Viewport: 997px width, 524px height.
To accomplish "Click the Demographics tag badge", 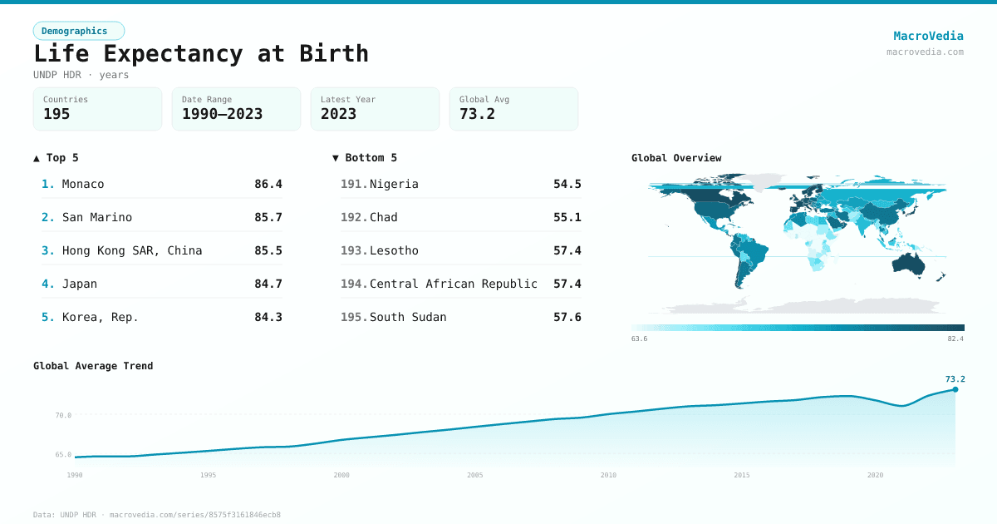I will (x=78, y=31).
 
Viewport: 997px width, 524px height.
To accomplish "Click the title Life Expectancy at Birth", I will (x=200, y=53).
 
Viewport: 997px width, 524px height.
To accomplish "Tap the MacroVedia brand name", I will (x=928, y=36).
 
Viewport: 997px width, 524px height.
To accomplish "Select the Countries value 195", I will (x=56, y=114).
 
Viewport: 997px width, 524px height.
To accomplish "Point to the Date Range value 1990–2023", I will (x=222, y=114).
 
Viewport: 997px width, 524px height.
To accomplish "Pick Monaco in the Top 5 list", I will (x=83, y=184).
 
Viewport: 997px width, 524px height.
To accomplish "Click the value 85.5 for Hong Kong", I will (x=268, y=250).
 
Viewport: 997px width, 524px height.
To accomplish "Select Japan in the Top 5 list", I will (x=80, y=284).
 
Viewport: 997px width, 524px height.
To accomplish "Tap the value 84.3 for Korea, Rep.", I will (x=268, y=317).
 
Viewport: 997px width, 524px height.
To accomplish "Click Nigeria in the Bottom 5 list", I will (x=394, y=184).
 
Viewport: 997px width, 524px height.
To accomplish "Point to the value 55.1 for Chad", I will (x=567, y=217).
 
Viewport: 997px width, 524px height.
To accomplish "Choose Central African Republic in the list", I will (x=453, y=284).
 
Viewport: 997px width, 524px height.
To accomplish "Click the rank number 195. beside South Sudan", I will (x=353, y=317).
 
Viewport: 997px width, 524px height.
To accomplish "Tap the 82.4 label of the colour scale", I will (x=955, y=339).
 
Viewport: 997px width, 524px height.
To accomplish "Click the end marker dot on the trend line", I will (x=955, y=389).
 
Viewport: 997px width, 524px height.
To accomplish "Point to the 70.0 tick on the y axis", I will (x=63, y=415).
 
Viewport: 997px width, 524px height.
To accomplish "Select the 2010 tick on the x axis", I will (x=608, y=475).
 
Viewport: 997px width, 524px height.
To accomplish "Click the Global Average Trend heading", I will (x=93, y=366).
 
